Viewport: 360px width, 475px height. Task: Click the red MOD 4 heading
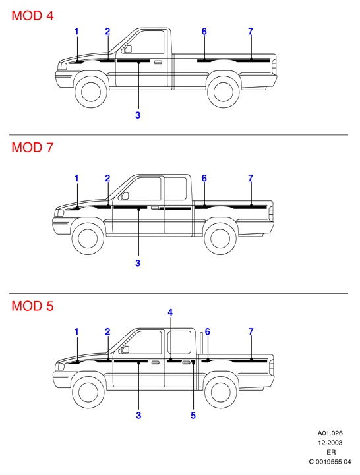tap(32, 15)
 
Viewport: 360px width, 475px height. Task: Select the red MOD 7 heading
tap(32, 147)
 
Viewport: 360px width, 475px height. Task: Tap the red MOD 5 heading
tap(32, 306)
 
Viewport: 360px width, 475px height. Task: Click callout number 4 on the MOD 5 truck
tap(170, 312)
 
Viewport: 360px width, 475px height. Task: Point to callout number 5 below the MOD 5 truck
tap(193, 415)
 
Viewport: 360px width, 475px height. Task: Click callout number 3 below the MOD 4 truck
tap(138, 115)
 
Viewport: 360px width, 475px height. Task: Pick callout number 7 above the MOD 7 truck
tap(251, 178)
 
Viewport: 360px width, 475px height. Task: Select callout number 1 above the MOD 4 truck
tap(76, 31)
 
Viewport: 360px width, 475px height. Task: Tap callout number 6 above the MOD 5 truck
tap(208, 332)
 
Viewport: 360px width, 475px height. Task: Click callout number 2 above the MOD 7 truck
tap(107, 178)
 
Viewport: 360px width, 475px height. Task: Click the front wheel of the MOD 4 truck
tap(91, 92)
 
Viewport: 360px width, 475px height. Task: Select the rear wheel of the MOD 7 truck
tap(220, 238)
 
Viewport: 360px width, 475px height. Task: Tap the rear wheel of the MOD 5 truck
tap(221, 392)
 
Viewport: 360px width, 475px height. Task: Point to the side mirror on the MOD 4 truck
tap(129, 49)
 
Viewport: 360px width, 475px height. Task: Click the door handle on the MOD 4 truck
tap(158, 63)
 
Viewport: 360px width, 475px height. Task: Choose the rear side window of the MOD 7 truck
tap(175, 188)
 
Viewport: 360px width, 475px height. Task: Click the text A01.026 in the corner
tap(330, 433)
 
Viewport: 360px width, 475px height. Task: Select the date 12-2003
tap(330, 443)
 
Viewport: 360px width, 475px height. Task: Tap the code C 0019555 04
tap(330, 462)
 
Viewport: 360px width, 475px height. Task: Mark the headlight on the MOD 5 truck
tap(60, 367)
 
